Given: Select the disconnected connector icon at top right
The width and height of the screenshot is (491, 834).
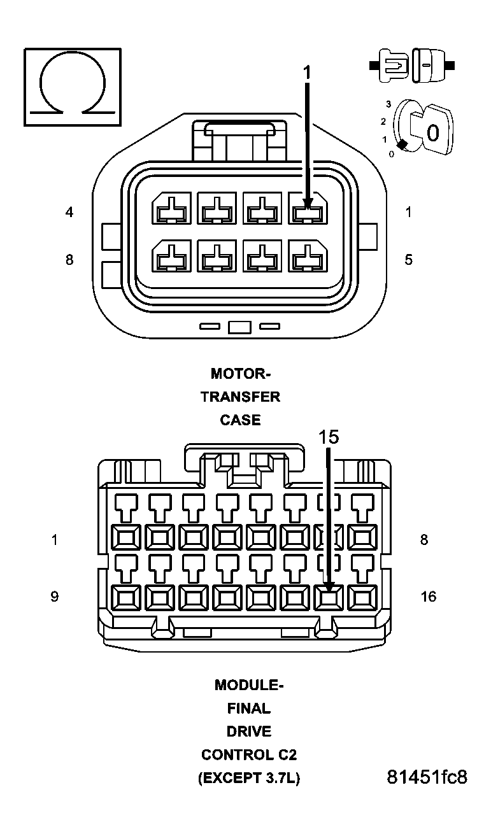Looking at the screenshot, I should (x=411, y=65).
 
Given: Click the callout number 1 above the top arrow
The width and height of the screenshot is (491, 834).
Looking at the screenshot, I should (x=307, y=73).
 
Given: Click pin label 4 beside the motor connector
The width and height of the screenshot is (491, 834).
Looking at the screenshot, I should (x=69, y=212).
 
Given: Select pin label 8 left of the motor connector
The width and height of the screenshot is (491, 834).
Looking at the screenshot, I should (x=69, y=260).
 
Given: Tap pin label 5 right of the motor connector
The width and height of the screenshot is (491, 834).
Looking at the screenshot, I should (x=408, y=260).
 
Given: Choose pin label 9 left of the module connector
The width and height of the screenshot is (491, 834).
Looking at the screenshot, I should (x=55, y=597).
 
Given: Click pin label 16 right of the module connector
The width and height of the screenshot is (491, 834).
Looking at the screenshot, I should (x=429, y=597).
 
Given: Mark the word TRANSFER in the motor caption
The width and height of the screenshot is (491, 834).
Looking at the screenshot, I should (x=240, y=397).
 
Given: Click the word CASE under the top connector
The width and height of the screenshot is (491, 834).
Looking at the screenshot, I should (x=240, y=420).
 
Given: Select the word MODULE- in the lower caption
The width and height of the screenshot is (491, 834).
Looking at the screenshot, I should (x=248, y=685).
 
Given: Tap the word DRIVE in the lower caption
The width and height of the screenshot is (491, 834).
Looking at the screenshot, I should (x=248, y=731).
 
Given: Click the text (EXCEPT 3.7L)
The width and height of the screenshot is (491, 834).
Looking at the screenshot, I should (x=248, y=778).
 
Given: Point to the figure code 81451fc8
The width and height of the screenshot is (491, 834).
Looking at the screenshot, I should (x=427, y=777).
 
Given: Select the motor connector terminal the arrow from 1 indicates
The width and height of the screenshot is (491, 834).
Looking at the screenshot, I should (x=308, y=209).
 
